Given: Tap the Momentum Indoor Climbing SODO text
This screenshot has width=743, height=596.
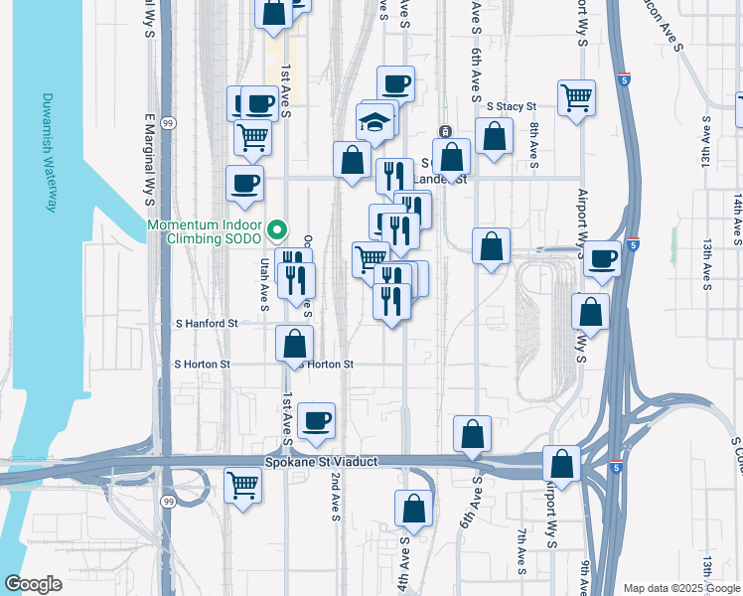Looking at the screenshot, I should click(x=205, y=232).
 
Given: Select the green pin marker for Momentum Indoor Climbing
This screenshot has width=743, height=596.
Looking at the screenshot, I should click(x=279, y=231).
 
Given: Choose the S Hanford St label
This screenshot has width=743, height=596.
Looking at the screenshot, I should click(x=207, y=324).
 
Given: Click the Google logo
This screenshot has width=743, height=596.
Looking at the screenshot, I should click(x=33, y=584).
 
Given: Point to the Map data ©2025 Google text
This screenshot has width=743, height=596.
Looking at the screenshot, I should click(x=680, y=588).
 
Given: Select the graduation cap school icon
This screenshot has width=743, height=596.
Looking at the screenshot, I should click(x=375, y=123).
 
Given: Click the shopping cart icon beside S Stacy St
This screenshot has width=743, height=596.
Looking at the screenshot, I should click(x=576, y=97).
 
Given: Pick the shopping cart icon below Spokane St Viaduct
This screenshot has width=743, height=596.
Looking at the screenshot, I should click(x=243, y=486).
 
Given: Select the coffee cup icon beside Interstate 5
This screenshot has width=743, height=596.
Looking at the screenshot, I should click(x=601, y=258).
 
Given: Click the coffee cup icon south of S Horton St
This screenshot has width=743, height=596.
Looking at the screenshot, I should click(x=316, y=420).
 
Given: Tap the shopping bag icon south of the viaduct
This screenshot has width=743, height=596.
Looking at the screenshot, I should click(x=413, y=509).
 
